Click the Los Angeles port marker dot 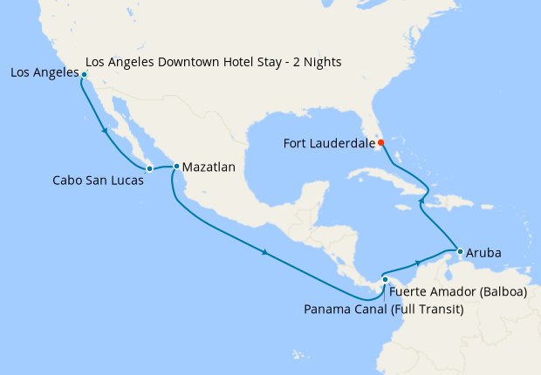click(x=84, y=75)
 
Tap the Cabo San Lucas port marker click(x=149, y=167)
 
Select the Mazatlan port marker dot click(x=176, y=166)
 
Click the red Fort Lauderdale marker click(x=380, y=142)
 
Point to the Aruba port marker click(x=460, y=252)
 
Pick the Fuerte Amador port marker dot click(x=385, y=280)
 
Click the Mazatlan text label click(x=209, y=166)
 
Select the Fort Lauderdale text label click(x=327, y=142)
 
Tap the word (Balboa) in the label click(x=500, y=291)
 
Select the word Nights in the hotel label click(x=322, y=63)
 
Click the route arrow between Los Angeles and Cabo click(x=105, y=131)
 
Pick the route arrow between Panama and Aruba click(x=419, y=261)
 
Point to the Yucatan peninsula click(x=301, y=199)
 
